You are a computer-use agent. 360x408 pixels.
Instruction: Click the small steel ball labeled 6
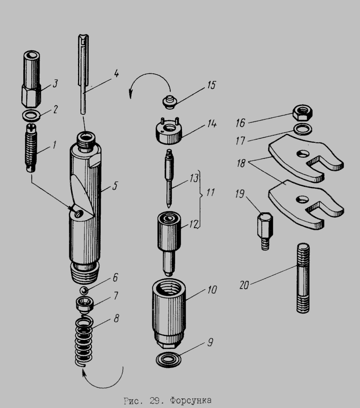(84, 291)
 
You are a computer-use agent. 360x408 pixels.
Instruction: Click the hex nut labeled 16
(302, 113)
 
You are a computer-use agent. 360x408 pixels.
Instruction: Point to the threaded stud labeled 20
(303, 278)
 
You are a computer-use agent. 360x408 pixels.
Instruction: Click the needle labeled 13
(169, 179)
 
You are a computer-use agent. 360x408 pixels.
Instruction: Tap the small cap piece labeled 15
(170, 102)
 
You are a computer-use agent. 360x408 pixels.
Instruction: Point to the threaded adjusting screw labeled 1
(32, 148)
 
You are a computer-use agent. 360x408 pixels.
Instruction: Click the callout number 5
(115, 186)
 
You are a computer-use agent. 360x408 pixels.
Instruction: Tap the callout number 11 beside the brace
(210, 192)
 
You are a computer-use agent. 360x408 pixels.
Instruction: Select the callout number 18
(241, 163)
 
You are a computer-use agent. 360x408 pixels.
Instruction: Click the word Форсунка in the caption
(190, 400)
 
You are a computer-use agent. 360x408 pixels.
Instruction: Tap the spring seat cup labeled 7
(84, 305)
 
